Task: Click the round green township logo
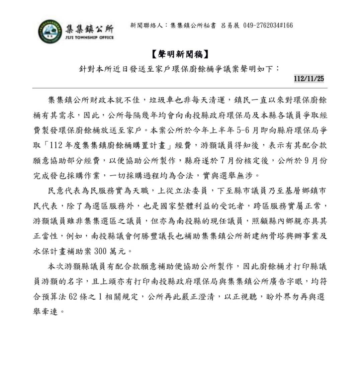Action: click(50, 31)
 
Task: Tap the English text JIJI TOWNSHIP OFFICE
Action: click(89, 38)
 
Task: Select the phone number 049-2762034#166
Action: click(268, 25)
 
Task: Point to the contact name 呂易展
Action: click(230, 25)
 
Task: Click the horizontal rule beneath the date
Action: click(180, 88)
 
